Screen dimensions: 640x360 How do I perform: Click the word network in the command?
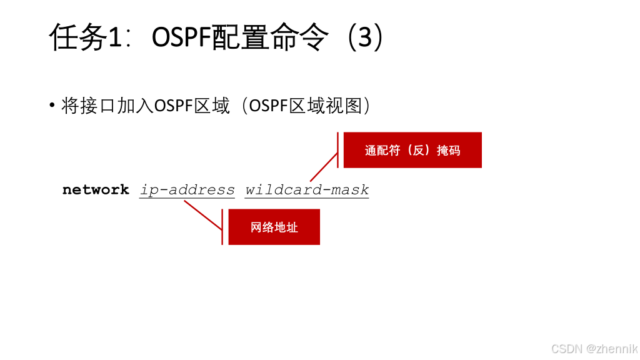(x=96, y=190)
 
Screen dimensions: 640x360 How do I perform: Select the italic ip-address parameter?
(x=187, y=190)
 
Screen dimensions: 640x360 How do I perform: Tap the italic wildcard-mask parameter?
(x=307, y=190)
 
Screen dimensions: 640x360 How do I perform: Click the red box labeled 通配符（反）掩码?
(x=412, y=150)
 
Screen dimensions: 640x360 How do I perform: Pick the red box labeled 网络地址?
(x=274, y=227)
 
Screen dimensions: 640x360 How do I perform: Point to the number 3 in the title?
(x=364, y=37)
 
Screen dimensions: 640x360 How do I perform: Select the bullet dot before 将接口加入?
(x=52, y=105)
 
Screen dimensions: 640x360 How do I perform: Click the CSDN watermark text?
(x=566, y=349)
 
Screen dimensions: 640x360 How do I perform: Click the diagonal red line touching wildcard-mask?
(x=324, y=167)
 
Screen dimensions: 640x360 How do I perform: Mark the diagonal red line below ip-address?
(x=203, y=215)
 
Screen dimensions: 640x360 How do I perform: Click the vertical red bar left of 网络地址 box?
(x=222, y=227)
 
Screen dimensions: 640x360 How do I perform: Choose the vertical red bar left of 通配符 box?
(x=337, y=150)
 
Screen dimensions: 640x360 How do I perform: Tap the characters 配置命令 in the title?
(x=270, y=37)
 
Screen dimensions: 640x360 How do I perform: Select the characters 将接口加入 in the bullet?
(x=107, y=106)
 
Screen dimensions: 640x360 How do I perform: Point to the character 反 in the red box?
(x=418, y=150)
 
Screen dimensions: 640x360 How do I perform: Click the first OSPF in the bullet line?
(x=173, y=106)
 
